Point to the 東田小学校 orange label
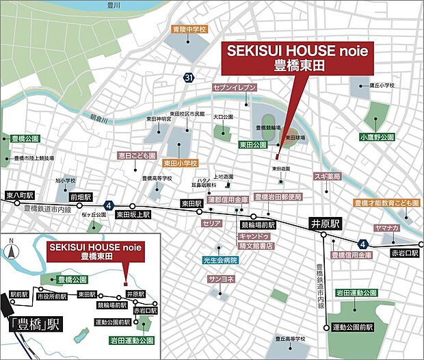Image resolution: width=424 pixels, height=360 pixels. click(x=180, y=164)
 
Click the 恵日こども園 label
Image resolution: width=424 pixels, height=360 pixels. click(x=137, y=155)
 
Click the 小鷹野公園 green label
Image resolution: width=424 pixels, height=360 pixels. click(x=377, y=137)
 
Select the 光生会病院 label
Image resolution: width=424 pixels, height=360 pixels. click(x=220, y=260)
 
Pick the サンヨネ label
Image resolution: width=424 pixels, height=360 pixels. click(x=222, y=279)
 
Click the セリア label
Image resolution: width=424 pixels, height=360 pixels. click(x=211, y=223)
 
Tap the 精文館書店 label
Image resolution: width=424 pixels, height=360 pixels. click(x=256, y=244)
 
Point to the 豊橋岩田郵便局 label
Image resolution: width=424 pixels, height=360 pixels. click(x=278, y=196)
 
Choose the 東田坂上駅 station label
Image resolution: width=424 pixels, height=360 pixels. click(x=131, y=213)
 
